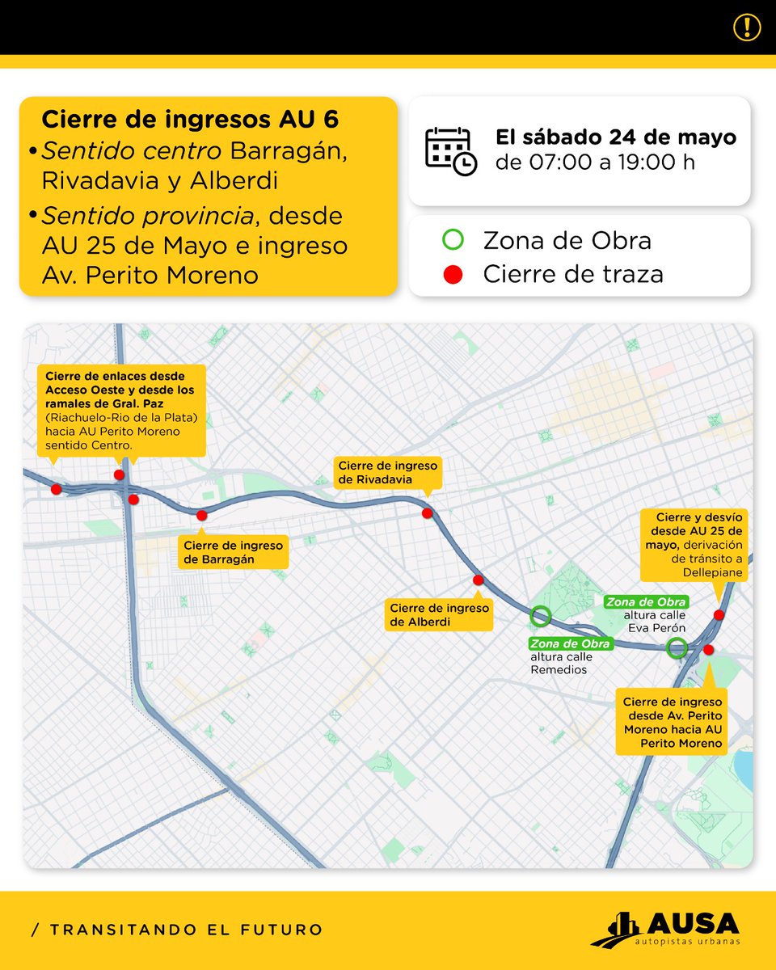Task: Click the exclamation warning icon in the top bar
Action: pyautogui.click(x=747, y=27)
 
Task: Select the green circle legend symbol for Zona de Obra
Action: pyautogui.click(x=453, y=240)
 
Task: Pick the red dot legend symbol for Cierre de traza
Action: pyautogui.click(x=453, y=274)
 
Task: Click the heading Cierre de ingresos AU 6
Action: pyautogui.click(x=190, y=120)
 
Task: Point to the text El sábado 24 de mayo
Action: pyautogui.click(x=616, y=137)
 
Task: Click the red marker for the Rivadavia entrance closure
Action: pyautogui.click(x=427, y=512)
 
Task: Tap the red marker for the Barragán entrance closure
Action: pyautogui.click(x=201, y=514)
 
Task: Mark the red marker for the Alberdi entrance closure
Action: pyautogui.click(x=478, y=580)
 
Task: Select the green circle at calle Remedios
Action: pyautogui.click(x=541, y=617)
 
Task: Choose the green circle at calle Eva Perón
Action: pyautogui.click(x=677, y=647)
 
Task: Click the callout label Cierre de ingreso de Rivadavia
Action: pyautogui.click(x=387, y=473)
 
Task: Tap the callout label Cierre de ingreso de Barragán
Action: pyautogui.click(x=234, y=552)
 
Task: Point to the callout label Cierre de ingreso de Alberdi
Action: pyautogui.click(x=439, y=615)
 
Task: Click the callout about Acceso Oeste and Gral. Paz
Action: pyautogui.click(x=123, y=410)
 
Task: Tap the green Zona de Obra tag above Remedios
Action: pyautogui.click(x=570, y=643)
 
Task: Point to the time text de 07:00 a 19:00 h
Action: pyautogui.click(x=595, y=162)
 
